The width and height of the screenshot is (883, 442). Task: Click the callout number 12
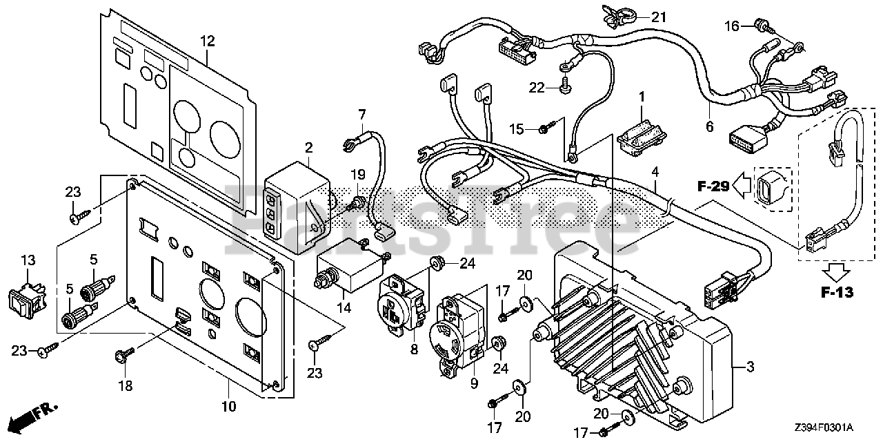point(207,41)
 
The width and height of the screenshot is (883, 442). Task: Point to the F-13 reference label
point(836,292)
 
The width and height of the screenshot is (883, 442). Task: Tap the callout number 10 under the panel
point(228,406)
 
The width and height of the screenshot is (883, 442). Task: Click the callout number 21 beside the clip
point(659,17)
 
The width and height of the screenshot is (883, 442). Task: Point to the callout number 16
point(731,26)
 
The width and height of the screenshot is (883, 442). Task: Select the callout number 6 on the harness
point(709,127)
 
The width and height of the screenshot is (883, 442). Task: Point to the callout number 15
point(517,128)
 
